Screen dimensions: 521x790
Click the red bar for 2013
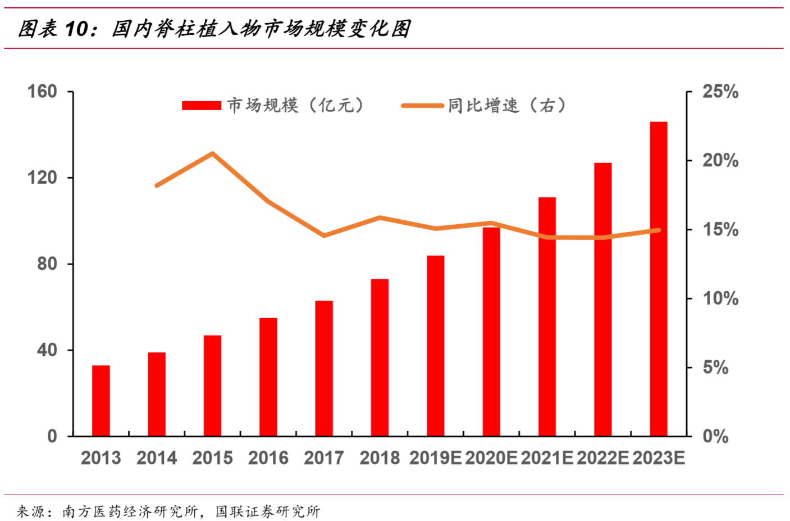pos(101,401)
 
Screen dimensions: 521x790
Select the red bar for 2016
pos(268,377)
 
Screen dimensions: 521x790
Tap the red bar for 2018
pos(380,357)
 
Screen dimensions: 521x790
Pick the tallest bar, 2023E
pos(659,279)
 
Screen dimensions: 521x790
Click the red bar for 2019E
pos(436,346)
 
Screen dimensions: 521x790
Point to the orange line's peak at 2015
pos(213,153)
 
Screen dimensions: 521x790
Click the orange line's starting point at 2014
pos(157,185)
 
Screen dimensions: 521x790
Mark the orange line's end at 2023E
pos(659,230)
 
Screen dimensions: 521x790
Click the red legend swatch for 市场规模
pos(202,106)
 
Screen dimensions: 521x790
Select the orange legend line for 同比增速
pos(422,106)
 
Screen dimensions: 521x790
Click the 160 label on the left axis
pos(43,91)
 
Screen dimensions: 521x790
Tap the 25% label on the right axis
pos(720,92)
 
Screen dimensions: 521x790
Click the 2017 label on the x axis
pos(324,458)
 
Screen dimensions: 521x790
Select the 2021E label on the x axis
pos(547,458)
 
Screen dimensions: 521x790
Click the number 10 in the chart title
pos(77,29)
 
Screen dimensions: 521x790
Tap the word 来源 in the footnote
pos(30,511)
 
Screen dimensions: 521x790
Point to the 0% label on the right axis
pos(715,436)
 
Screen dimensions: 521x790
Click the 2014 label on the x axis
pos(157,458)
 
